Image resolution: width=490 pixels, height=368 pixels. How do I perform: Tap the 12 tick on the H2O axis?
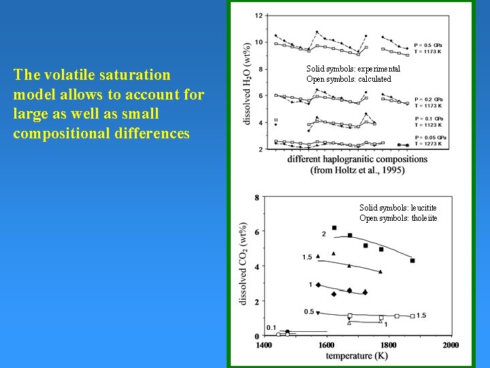259,16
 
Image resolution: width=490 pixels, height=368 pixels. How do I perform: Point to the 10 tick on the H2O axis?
259,42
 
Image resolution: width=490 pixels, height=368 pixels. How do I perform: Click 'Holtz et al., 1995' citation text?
363,170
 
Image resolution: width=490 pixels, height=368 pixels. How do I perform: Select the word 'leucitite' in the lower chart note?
417,208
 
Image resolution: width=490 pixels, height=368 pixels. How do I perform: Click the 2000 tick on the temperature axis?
450,345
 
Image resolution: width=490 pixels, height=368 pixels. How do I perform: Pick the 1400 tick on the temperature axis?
264,345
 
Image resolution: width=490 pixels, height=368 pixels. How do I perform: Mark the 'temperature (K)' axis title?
358,356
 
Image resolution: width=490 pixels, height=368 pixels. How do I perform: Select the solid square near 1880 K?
412,260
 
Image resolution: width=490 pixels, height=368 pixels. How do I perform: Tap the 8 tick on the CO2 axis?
256,198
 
